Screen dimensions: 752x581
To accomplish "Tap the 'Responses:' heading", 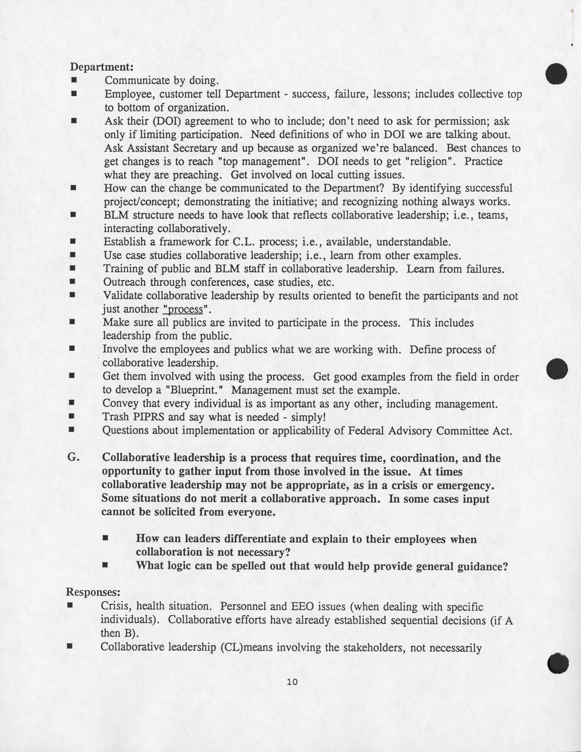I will pos(93,592).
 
